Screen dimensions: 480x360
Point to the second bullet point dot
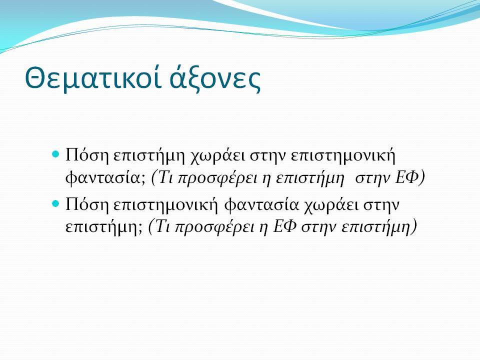[55, 203]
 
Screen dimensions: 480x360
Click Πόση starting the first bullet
[87, 155]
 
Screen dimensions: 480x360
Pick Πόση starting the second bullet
[87, 205]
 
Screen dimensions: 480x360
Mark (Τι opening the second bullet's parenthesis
[159, 227]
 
